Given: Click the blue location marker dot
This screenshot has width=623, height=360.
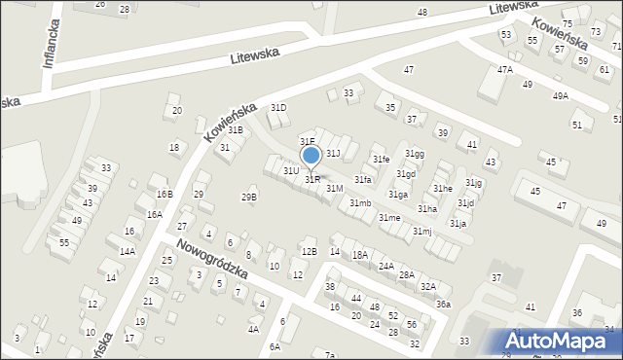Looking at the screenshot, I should coord(311,155).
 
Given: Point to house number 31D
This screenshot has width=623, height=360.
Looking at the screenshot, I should coord(278,107).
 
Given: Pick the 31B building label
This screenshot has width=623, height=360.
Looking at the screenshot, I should coord(235,129).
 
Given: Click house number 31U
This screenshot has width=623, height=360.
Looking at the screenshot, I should coord(291,170).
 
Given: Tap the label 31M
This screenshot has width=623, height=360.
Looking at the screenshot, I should coord(334,187).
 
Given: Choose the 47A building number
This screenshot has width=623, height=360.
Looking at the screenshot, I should coord(504,70).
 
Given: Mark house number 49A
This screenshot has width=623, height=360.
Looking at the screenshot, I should coord(560,95).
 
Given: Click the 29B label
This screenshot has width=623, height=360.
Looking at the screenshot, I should coord(249,198).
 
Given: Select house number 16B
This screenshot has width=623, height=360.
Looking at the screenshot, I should coord(165,195).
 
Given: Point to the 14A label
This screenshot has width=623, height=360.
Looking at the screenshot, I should coord(127,251).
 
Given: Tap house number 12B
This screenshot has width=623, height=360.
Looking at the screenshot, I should coord(309,252).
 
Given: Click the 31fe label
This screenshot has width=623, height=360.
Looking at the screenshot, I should coord(381,159).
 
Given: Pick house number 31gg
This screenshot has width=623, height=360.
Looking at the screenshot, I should coord(415,154).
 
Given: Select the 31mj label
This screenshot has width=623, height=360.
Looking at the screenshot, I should coord(421,231).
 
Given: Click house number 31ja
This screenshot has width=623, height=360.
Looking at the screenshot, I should coord(458,223).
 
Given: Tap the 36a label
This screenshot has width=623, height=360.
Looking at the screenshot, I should coord(443,304).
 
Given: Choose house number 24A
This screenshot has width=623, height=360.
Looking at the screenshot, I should coord(386,266).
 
